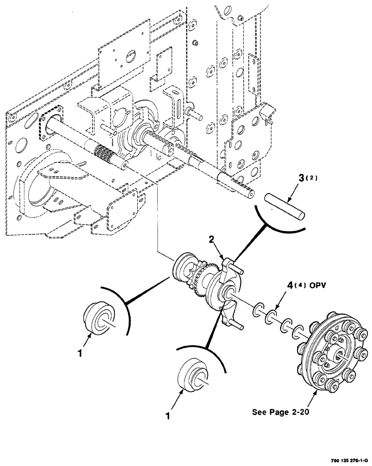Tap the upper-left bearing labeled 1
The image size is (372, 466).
click(x=99, y=318)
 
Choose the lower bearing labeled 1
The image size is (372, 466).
click(x=192, y=376)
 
